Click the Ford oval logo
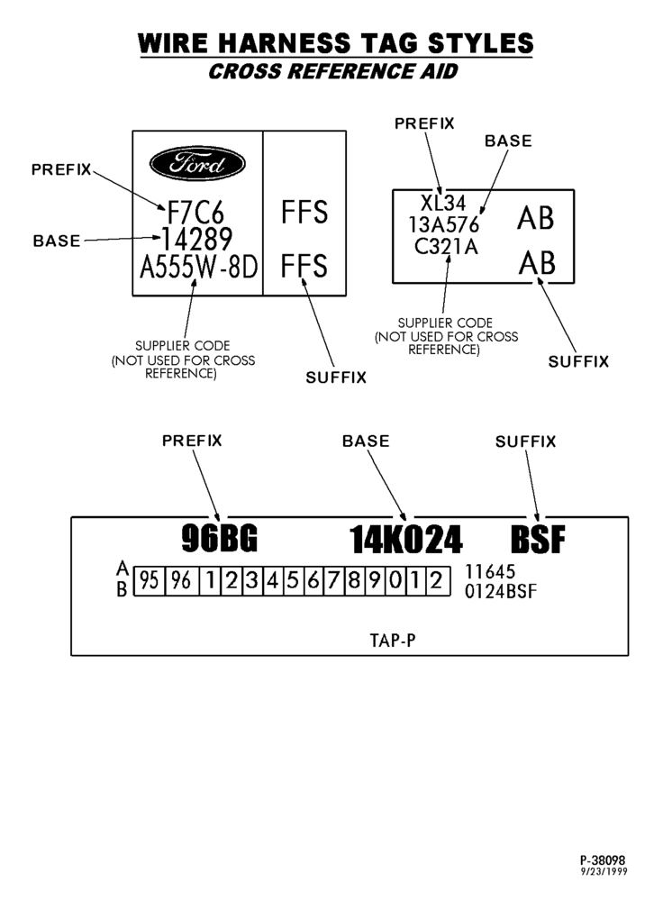[197, 163]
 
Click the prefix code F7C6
[195, 213]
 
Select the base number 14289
[196, 239]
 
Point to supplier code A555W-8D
[199, 266]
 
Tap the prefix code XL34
[443, 203]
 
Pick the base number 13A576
[443, 224]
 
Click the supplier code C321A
[446, 247]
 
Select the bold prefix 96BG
[220, 539]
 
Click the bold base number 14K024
[405, 540]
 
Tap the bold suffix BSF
[538, 540]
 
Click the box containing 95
[150, 581]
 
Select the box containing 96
[182, 581]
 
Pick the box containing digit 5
[293, 581]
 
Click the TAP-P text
[393, 640]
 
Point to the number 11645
[490, 572]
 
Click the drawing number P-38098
[603, 860]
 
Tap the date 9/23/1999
[604, 871]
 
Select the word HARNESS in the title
[285, 43]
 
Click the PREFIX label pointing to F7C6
[61, 169]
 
